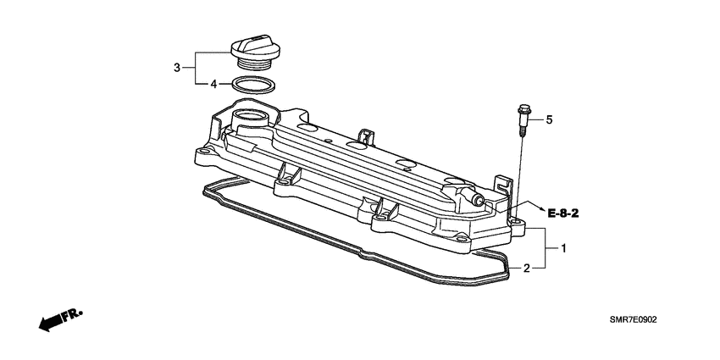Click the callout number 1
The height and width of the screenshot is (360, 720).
tap(562, 248)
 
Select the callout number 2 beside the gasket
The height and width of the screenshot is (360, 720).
tap(527, 269)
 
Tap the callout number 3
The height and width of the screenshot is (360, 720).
tap(177, 67)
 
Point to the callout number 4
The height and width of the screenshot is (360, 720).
tap(214, 84)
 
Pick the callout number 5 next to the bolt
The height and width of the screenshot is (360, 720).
tap(549, 120)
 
